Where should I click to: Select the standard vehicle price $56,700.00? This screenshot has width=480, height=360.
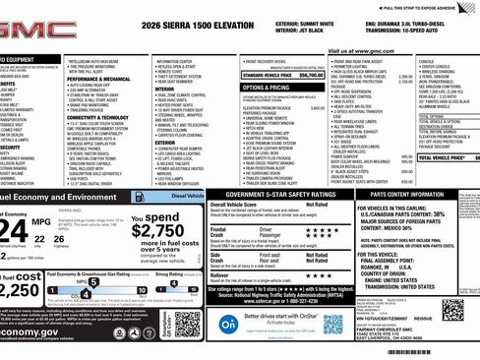(x=311, y=74)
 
